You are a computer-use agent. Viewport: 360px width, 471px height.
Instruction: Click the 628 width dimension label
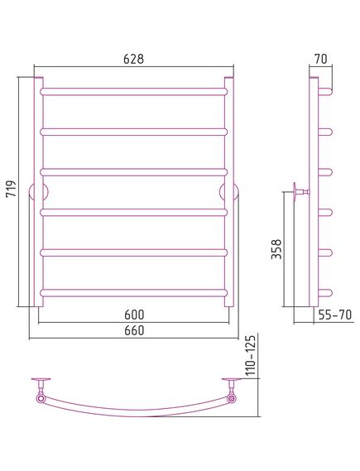133,59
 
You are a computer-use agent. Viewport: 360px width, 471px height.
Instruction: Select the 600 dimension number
134,315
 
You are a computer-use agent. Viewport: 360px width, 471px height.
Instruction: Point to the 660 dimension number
134,330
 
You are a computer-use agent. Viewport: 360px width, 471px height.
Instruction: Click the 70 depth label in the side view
320,59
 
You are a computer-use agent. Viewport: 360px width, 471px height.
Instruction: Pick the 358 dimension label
276,248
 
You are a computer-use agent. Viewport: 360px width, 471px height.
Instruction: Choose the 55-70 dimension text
334,315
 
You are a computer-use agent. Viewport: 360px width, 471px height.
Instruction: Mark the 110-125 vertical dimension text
251,355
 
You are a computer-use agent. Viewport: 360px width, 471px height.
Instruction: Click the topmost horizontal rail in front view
133,92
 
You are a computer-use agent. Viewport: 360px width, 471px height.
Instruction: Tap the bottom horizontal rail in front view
133,293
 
